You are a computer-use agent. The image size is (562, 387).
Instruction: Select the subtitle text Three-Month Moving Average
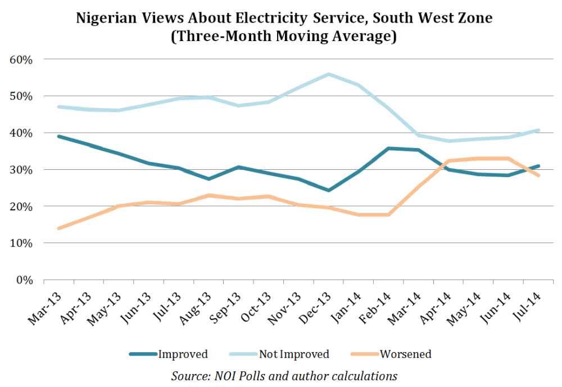point(280,37)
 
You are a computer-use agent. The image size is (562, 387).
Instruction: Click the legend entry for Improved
point(169,354)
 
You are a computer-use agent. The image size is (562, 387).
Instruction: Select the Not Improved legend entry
point(279,354)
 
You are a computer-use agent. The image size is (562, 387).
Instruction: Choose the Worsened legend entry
point(391,354)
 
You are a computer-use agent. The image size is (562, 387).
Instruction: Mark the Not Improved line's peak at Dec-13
point(328,74)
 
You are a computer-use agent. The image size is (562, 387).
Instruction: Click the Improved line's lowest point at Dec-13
point(328,190)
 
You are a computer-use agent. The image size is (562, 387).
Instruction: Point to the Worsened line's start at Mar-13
point(58,228)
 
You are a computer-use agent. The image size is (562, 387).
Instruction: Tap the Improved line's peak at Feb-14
point(388,148)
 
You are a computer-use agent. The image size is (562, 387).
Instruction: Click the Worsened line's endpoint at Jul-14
point(538,175)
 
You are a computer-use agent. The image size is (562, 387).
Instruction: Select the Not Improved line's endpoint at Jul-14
point(538,130)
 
